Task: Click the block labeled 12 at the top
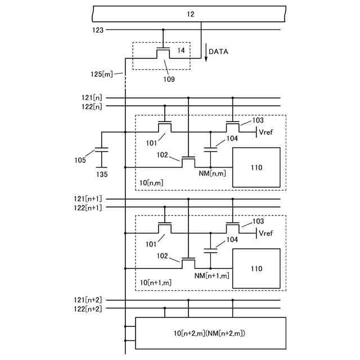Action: click(x=189, y=14)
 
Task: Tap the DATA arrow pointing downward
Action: click(x=206, y=52)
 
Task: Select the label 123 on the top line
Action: click(x=98, y=30)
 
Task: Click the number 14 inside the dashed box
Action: click(x=181, y=50)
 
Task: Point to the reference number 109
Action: click(x=169, y=79)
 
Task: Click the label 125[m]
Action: click(x=102, y=74)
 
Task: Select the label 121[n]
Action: click(x=92, y=98)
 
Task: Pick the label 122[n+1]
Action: click(x=88, y=208)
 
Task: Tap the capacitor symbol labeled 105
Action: click(x=101, y=150)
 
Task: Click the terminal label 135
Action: click(x=102, y=174)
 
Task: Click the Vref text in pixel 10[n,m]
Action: click(x=266, y=132)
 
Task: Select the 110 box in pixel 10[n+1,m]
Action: click(x=256, y=268)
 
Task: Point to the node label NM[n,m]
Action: click(x=212, y=173)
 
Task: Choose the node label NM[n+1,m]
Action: click(x=211, y=276)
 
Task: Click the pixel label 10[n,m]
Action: click(x=151, y=183)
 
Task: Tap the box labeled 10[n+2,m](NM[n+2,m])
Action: click(x=210, y=333)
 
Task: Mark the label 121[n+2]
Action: click(x=88, y=300)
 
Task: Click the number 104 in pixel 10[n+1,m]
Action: click(x=232, y=240)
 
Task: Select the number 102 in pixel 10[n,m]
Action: click(x=163, y=155)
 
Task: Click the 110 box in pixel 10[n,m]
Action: click(x=256, y=168)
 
